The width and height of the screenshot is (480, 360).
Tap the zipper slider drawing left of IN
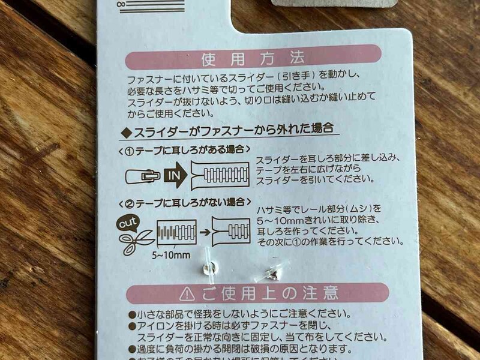pyautogui.click(x=143, y=175)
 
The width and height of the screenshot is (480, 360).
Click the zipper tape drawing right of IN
pyautogui.click(x=220, y=175)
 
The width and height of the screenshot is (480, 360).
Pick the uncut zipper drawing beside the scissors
pyautogui.click(x=176, y=232)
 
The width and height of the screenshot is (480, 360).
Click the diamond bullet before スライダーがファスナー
pyautogui.click(x=126, y=130)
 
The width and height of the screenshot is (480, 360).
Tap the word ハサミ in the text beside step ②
pyautogui.click(x=268, y=209)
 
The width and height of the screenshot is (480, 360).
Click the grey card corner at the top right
pyautogui.click(x=335, y=3)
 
